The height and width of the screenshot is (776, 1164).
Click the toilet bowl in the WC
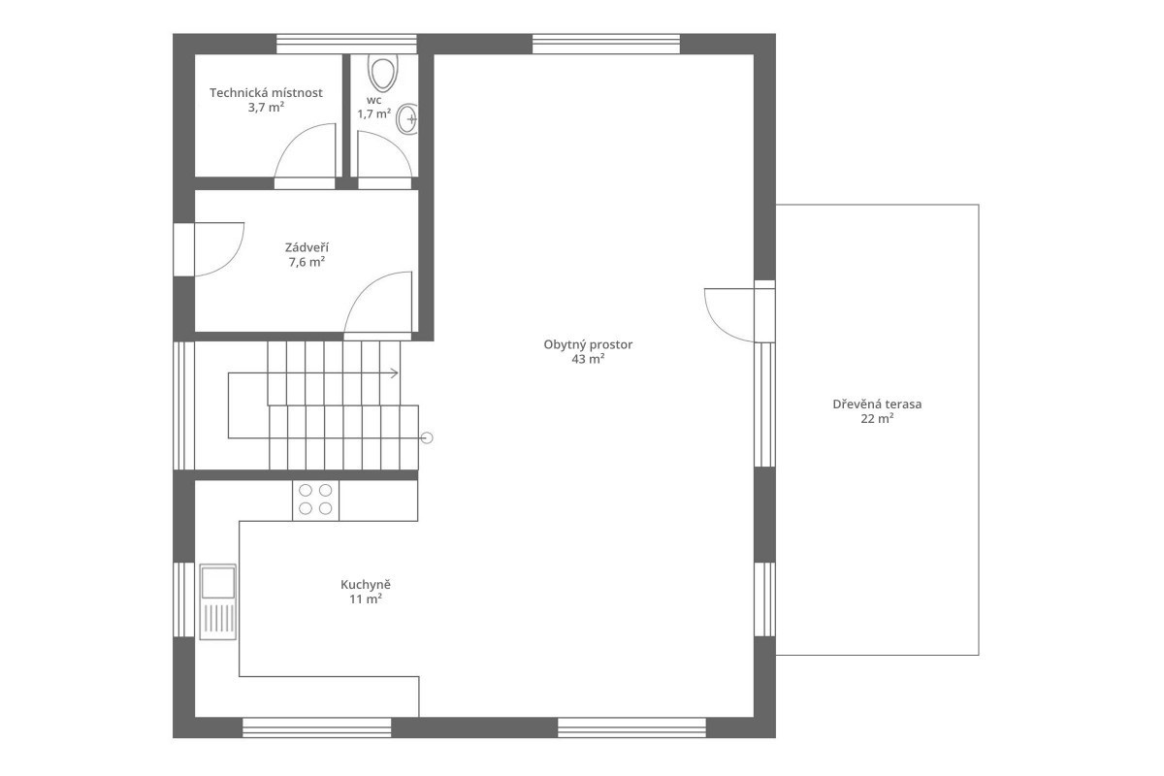(383, 73)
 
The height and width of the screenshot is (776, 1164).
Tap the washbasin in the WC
(406, 119)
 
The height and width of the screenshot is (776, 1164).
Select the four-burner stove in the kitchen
(315, 500)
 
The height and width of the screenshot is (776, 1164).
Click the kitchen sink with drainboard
(217, 601)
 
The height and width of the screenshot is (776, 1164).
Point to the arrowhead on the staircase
(395, 373)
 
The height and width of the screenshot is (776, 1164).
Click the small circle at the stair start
(427, 438)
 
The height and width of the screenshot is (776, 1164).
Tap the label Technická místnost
(266, 93)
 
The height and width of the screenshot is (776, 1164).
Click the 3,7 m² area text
(266, 108)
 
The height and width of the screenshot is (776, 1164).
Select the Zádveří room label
(307, 247)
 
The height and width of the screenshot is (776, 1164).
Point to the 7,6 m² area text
(307, 262)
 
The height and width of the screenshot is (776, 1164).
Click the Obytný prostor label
(588, 344)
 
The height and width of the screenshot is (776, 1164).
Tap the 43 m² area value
(588, 359)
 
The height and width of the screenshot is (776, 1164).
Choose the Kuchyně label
(366, 584)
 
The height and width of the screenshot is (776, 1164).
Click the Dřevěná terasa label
(877, 404)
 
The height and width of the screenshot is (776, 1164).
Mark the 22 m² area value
(877, 418)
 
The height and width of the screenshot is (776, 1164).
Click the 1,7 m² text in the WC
(374, 113)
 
